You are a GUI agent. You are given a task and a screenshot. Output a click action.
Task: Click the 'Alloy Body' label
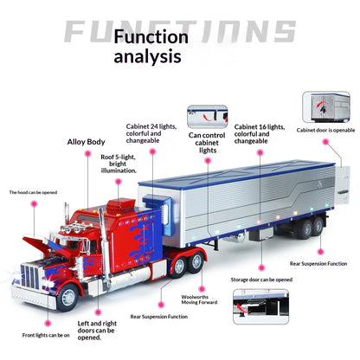86,142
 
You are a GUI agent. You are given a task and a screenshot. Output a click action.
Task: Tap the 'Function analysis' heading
151,46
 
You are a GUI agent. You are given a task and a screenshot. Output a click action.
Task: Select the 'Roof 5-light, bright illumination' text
119,164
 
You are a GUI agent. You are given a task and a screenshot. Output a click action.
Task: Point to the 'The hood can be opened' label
33,192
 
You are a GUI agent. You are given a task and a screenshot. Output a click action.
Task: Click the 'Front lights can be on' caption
46,335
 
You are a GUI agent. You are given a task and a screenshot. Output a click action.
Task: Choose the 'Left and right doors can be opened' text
97,331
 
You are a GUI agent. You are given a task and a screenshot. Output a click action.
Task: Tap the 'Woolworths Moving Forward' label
199,299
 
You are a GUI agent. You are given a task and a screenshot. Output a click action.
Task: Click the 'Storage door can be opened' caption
261,280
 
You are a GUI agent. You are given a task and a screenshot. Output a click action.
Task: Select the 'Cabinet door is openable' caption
325,130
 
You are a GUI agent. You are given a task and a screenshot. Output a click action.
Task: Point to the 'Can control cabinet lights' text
207,143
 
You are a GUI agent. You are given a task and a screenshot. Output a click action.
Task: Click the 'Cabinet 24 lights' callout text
151,133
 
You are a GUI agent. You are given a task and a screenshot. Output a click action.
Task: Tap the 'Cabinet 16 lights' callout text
260,134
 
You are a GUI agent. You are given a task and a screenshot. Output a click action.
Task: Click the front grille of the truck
30,277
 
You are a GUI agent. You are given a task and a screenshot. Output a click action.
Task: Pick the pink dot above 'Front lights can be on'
48,324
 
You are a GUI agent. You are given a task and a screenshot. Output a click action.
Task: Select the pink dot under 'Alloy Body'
88,154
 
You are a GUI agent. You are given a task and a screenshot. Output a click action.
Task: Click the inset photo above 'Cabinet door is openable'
326,107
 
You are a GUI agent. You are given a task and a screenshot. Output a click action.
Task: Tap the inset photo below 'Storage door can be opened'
260,306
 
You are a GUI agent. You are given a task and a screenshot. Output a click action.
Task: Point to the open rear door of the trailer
343,186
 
